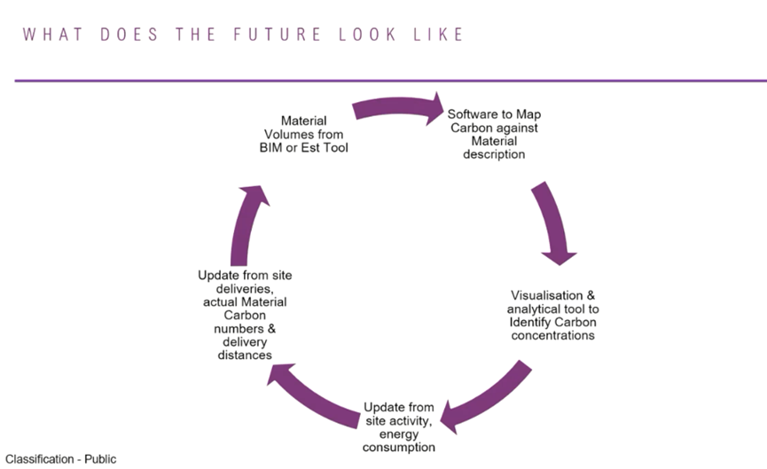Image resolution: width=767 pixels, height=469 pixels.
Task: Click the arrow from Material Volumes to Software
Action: tap(398, 110)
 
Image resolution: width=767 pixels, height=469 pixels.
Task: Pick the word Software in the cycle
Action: tap(471, 114)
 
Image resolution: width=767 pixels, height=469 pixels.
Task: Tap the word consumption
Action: tap(399, 447)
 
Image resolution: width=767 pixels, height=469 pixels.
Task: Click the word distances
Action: tap(245, 355)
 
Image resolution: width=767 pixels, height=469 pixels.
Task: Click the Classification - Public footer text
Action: tap(60, 459)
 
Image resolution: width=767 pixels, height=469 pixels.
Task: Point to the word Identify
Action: tap(532, 322)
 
